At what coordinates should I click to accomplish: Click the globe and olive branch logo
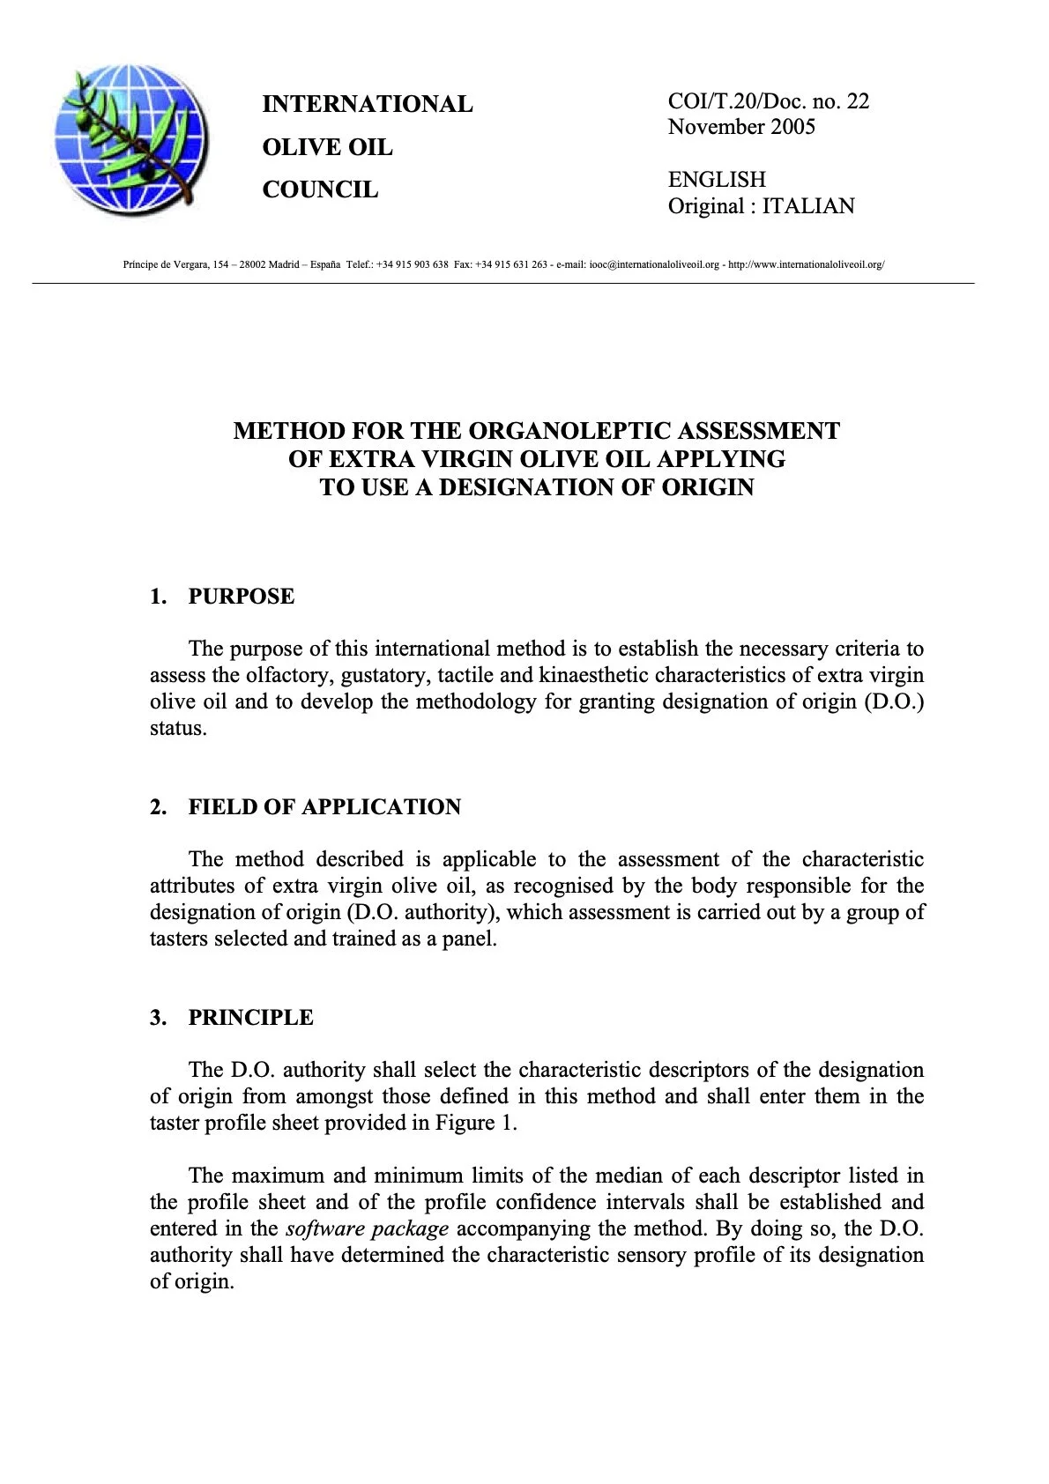coord(131,139)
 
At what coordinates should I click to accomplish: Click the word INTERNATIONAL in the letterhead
coord(367,104)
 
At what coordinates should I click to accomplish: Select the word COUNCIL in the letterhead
coord(320,189)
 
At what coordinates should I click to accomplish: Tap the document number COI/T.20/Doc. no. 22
coord(768,100)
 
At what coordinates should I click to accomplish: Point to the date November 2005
coord(741,126)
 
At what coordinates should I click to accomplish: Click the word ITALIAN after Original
coord(808,206)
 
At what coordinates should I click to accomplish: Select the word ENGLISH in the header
coord(717,180)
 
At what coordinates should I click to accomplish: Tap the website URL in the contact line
coord(806,264)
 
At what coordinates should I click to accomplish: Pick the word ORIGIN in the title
coord(710,487)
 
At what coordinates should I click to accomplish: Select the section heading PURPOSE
coord(241,597)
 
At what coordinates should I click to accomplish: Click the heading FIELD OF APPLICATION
coord(324,807)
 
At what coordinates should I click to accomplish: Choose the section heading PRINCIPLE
coord(250,1018)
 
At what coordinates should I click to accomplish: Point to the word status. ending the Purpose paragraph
coord(178,729)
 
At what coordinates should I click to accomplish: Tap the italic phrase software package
coord(367,1228)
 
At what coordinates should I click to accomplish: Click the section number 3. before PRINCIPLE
coord(158,1018)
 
